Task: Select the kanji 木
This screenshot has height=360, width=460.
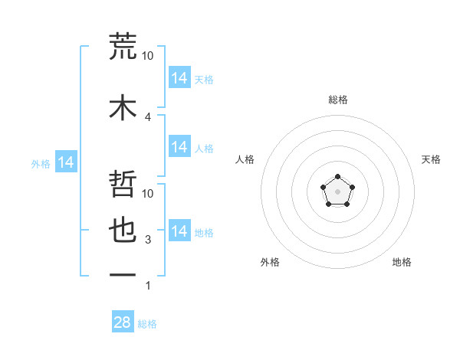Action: (x=123, y=107)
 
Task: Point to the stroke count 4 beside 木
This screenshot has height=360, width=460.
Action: (x=148, y=116)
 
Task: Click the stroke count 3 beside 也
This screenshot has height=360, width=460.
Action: (x=148, y=240)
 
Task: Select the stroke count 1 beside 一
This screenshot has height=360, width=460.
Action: (x=148, y=286)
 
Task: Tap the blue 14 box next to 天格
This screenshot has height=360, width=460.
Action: (x=179, y=78)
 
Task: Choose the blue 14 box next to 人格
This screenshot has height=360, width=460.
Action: (x=179, y=146)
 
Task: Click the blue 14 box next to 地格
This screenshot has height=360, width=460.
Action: (x=179, y=231)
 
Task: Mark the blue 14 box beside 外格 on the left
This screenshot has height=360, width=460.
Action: (x=66, y=162)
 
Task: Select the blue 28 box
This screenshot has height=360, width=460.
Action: (x=123, y=322)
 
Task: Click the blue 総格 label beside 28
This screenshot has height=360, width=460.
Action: (x=147, y=324)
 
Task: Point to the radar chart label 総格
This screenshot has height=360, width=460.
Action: (x=337, y=100)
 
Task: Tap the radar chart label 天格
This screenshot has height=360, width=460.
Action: (x=431, y=159)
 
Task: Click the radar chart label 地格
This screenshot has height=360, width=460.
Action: (x=402, y=262)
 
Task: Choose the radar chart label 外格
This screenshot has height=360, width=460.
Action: (x=270, y=262)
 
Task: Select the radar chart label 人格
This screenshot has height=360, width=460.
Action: (x=245, y=159)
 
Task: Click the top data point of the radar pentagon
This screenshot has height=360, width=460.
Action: (x=337, y=177)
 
